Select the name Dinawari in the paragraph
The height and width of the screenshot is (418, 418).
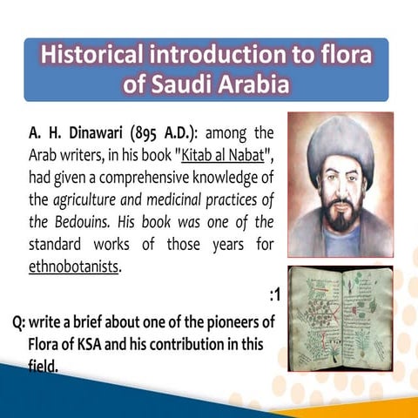click(107, 135)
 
